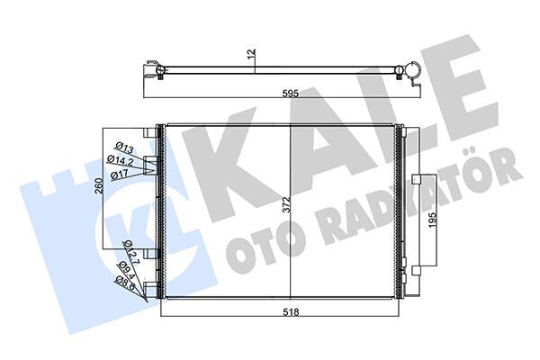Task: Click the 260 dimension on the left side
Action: coord(101,191)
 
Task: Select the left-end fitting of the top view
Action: coord(157,71)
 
